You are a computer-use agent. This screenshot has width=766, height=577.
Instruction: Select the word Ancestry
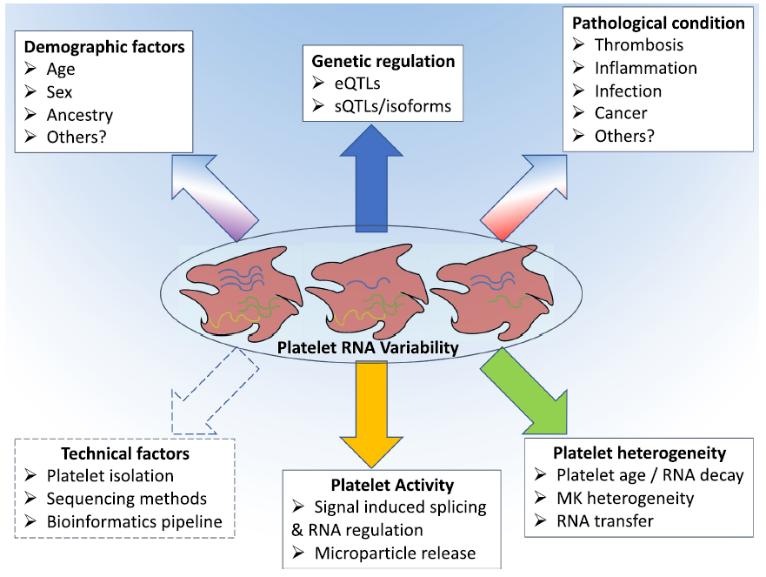click(x=80, y=115)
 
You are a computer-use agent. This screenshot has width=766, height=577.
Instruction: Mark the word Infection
click(x=628, y=91)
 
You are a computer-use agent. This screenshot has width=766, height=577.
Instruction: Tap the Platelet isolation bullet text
click(x=110, y=476)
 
